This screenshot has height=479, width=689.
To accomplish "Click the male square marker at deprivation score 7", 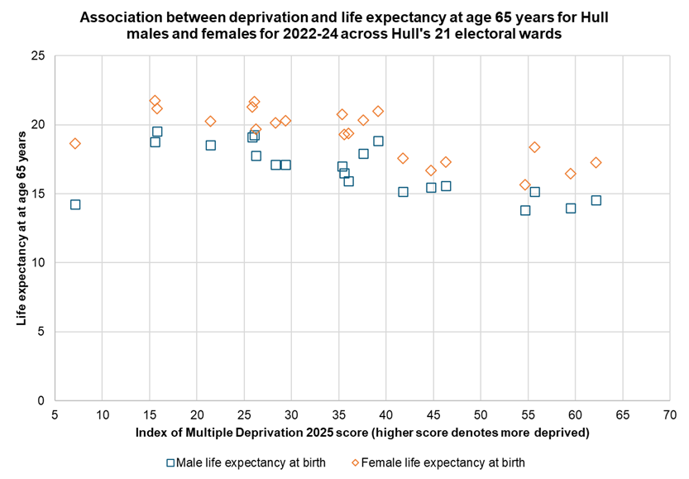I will (75, 204).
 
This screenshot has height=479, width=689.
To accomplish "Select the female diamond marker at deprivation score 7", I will (75, 144).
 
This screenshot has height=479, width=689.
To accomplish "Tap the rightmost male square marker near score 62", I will (596, 200).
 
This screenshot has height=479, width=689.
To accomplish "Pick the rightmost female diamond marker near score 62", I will (596, 162).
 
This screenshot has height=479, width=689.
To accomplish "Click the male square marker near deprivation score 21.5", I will (211, 146).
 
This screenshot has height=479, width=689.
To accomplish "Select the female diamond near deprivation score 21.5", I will (211, 122).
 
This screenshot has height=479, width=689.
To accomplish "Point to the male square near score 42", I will (403, 192).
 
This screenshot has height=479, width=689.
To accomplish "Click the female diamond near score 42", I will (403, 158).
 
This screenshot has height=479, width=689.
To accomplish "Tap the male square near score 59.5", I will (571, 208).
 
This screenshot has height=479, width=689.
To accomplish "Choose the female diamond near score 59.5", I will (571, 174).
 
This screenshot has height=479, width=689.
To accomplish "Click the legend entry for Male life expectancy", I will (246, 462).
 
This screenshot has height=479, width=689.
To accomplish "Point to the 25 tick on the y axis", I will (39, 56).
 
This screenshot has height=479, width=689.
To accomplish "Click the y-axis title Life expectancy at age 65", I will (22, 228).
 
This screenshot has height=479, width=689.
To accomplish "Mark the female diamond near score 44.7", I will (431, 171).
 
